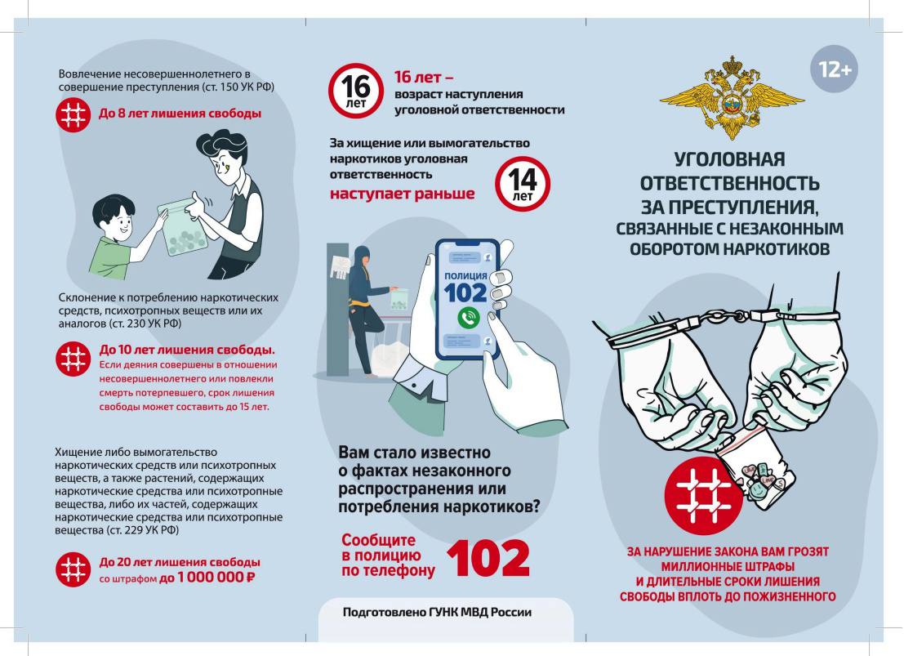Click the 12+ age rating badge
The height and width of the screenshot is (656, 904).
point(834,69)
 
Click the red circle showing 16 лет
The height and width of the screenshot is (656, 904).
point(356,91)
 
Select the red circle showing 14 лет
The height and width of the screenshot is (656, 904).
point(523,184)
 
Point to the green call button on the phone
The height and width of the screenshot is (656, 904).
point(468,317)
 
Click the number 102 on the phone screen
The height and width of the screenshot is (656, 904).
point(465,293)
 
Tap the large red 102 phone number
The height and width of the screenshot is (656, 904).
point(488,558)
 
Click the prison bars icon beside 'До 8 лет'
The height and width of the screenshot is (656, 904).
point(73,115)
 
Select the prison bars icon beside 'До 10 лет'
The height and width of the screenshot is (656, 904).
point(73,359)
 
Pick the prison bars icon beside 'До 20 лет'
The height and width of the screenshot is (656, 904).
point(73,569)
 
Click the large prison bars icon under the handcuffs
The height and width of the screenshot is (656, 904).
point(704,496)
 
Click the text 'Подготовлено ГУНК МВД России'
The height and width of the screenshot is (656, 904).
point(437,612)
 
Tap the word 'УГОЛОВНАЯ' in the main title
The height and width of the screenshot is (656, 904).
point(729,159)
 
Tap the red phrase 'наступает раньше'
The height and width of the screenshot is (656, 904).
point(403,194)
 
